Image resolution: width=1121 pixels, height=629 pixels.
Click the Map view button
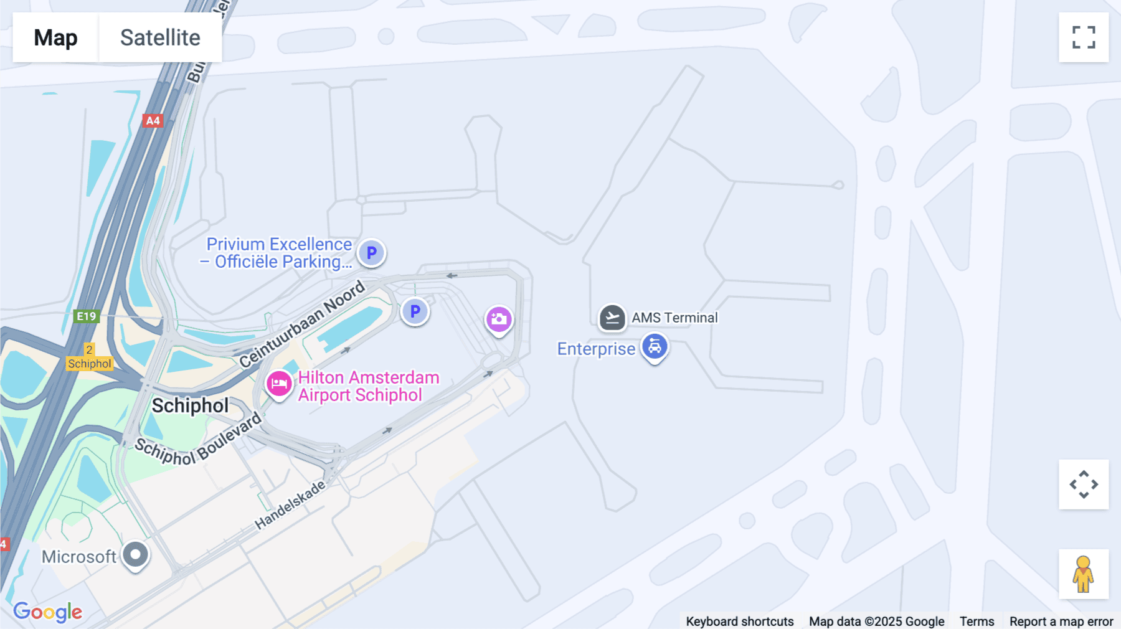pyautogui.click(x=55, y=37)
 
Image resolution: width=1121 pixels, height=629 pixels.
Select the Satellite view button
pyautogui.click(x=160, y=37)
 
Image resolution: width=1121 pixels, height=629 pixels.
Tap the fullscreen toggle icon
pyautogui.click(x=1084, y=37)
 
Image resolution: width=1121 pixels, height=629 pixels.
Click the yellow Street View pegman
pyautogui.click(x=1084, y=574)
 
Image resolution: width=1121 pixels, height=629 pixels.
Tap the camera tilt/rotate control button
pyautogui.click(x=1084, y=485)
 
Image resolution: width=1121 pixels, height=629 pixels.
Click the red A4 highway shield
pyautogui.click(x=153, y=121)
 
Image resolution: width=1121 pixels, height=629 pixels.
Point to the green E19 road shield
pyautogui.click(x=86, y=316)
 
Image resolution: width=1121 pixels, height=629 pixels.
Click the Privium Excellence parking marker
pyautogui.click(x=371, y=253)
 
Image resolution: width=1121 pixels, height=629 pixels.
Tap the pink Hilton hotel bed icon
pyautogui.click(x=279, y=384)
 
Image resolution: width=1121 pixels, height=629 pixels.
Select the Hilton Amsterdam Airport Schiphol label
pyautogui.click(x=368, y=386)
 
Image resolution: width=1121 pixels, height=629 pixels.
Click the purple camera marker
pyautogui.click(x=499, y=319)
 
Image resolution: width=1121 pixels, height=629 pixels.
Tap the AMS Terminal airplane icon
pyautogui.click(x=612, y=318)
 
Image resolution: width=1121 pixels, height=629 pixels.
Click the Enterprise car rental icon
pyautogui.click(x=655, y=347)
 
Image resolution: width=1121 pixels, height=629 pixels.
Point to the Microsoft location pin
pyautogui.click(x=135, y=554)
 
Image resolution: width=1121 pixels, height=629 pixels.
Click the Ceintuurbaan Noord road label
pyautogui.click(x=301, y=324)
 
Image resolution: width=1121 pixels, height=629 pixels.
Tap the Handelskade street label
pyautogui.click(x=290, y=505)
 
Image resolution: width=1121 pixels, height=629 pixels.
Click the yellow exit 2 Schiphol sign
pyautogui.click(x=90, y=357)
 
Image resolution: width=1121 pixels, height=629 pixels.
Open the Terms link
pyautogui.click(x=977, y=622)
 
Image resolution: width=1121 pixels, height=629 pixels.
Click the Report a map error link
pyautogui.click(x=1061, y=622)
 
